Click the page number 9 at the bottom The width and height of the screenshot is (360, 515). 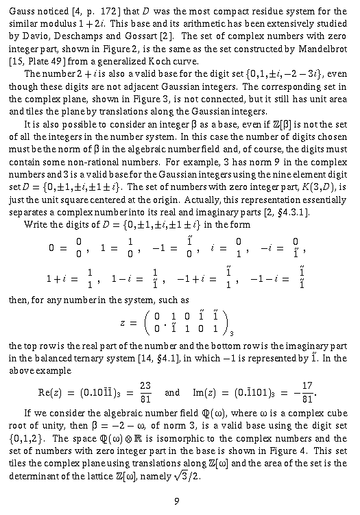click(177, 501)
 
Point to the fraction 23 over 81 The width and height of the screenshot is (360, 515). click(145, 393)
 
